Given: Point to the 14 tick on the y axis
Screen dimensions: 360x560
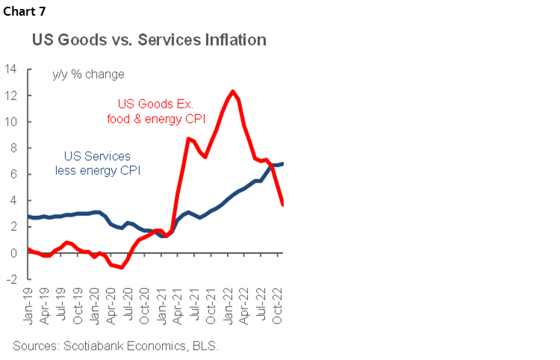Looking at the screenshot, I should [11, 69].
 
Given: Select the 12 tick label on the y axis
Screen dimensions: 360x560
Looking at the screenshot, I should [11, 96].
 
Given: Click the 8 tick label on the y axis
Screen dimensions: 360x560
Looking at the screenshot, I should [13, 148].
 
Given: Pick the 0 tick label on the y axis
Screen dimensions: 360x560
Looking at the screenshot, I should [13, 253].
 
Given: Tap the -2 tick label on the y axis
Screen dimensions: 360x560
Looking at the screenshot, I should [11, 279].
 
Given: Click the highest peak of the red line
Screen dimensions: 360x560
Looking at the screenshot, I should [233, 91].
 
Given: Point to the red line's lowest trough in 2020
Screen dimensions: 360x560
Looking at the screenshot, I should [121, 267].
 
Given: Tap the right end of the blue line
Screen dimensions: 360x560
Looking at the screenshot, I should [282, 164].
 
